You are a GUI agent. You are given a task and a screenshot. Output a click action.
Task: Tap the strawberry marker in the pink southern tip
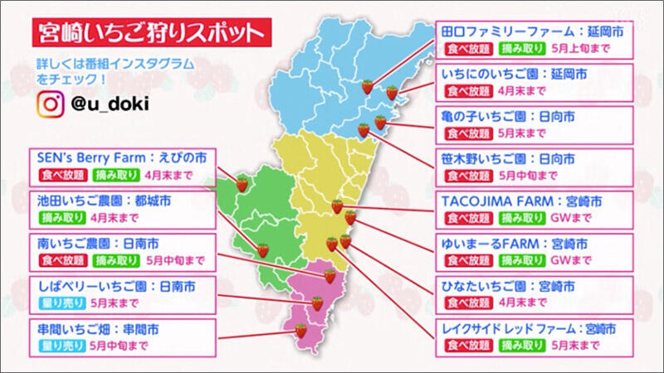(301, 330)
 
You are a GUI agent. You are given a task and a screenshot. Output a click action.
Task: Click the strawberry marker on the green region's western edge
(242, 184)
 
